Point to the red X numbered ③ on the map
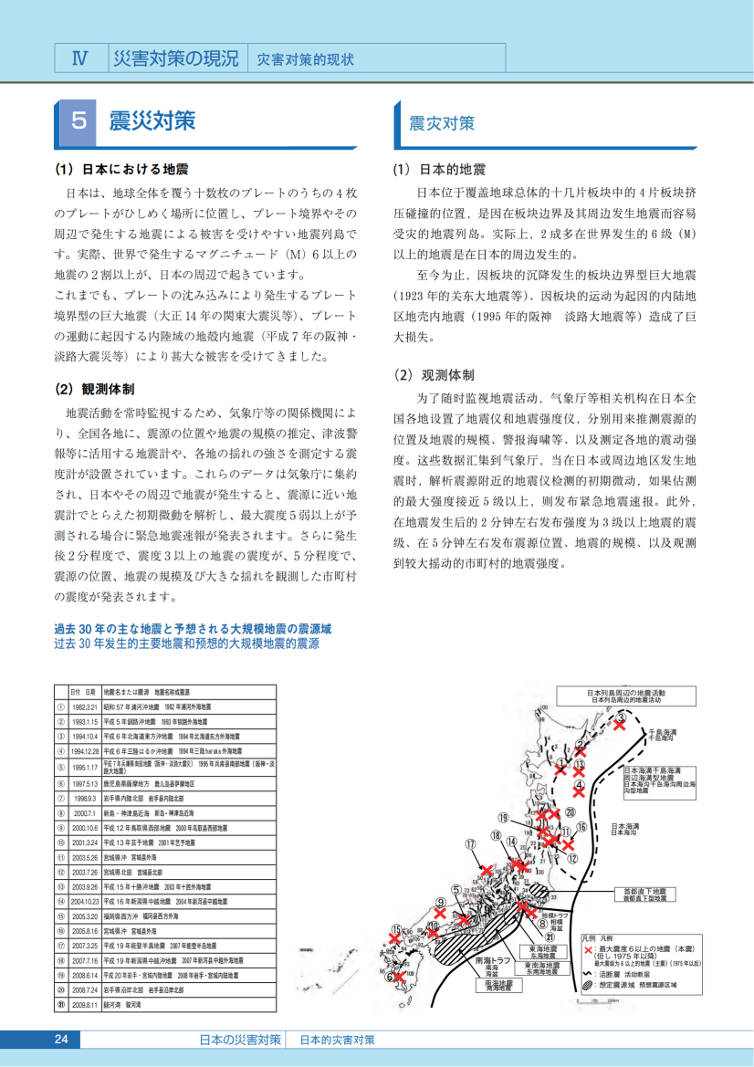[620, 724]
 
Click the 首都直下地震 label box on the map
[644, 894]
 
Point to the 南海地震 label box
[498, 984]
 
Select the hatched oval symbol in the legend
[589, 985]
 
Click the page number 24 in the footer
[61, 1040]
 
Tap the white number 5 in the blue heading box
[79, 120]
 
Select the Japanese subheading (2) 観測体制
[95, 389]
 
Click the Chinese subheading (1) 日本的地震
[439, 170]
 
